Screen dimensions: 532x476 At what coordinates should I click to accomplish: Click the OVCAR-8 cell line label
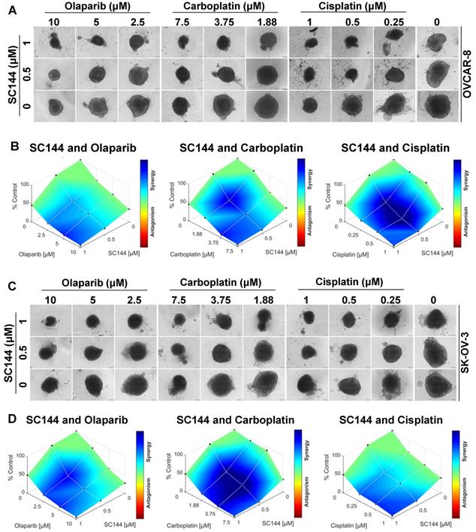468,72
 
